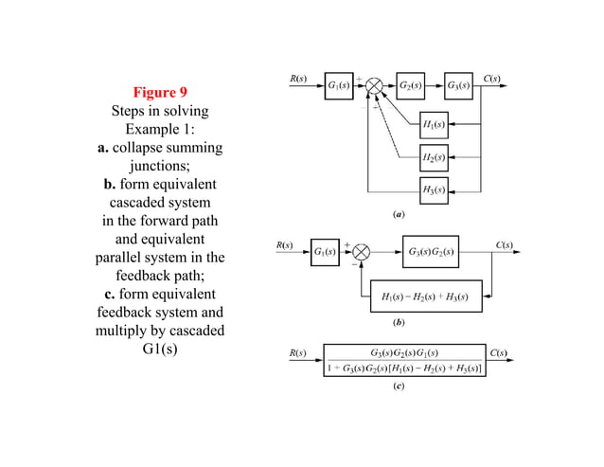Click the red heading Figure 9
(x=159, y=92)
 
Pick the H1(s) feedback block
(x=435, y=125)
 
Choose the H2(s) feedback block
(x=435, y=156)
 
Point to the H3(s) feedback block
(x=435, y=189)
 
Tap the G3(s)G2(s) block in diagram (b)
(x=430, y=252)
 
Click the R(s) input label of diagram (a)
(x=297, y=78)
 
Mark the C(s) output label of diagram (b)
(x=505, y=244)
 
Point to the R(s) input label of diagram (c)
(x=297, y=353)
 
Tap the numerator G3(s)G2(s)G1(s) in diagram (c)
(x=404, y=352)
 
